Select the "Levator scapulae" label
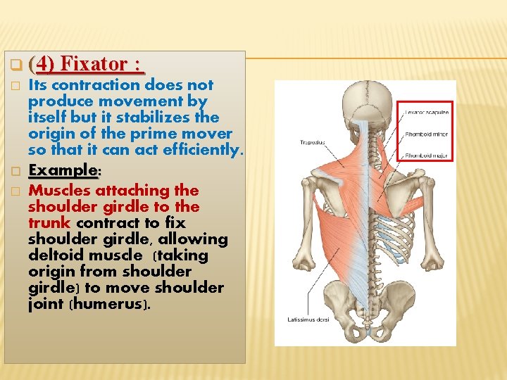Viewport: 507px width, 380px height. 427,113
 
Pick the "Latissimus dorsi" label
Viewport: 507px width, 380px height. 308,320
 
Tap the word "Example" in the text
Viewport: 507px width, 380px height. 61,170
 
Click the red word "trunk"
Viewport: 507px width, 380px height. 50,223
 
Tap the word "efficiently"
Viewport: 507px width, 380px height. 200,149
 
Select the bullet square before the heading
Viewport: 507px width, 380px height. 14,66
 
